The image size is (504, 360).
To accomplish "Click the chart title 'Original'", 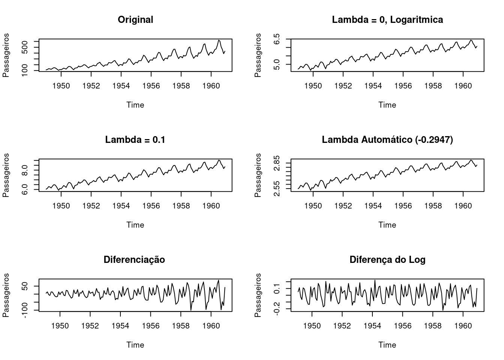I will tap(135, 20).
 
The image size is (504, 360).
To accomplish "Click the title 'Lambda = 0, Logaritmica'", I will tap(387, 20).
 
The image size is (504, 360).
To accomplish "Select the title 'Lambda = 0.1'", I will tap(135, 140).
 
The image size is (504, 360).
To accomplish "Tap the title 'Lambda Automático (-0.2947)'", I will tap(387, 140).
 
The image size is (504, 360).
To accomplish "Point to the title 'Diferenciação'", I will tap(134, 260).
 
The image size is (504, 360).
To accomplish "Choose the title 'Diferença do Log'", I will tap(387, 260).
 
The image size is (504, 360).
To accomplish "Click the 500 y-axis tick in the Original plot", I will tap(25, 47).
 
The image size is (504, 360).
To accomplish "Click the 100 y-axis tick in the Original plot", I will tap(25, 70).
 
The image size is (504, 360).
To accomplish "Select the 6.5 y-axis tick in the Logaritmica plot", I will tap(277, 39).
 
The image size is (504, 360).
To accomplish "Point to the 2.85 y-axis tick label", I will tap(277, 163).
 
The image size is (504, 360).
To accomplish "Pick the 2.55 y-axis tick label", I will tap(277, 186).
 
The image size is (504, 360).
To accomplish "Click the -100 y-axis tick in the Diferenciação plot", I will tap(25, 310).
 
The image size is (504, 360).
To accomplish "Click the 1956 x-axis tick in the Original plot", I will tap(151, 86).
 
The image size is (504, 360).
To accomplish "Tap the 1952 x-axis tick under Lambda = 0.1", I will tap(91, 206).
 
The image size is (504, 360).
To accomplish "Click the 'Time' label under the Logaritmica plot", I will tap(387, 105).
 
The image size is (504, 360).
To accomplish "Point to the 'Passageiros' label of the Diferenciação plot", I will tap(6, 295).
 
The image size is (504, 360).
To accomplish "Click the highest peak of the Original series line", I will tap(219, 40).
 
